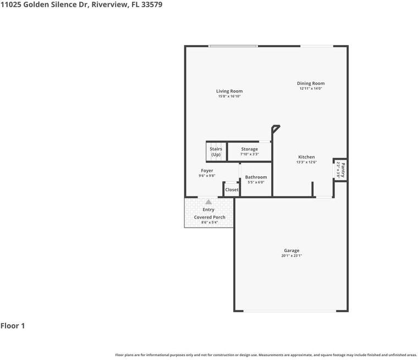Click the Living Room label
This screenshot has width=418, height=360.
(x=229, y=91)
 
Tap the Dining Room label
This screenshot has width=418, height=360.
(x=311, y=84)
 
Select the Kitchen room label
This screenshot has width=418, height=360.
(x=306, y=157)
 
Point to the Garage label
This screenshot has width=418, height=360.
(x=291, y=250)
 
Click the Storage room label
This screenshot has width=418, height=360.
(x=249, y=149)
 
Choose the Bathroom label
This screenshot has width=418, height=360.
(x=256, y=177)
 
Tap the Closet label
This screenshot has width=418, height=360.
(x=232, y=190)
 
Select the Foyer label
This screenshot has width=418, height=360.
(x=207, y=171)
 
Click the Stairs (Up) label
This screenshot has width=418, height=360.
(x=216, y=151)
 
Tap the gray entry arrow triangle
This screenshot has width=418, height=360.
(x=208, y=202)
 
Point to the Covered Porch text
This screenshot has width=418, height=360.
(x=210, y=217)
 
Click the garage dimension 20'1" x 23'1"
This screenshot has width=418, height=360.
(x=291, y=256)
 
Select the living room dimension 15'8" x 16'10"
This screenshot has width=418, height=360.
(x=229, y=96)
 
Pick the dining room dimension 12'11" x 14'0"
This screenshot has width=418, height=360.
(x=311, y=89)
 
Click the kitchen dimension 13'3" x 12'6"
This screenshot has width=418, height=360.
(x=306, y=162)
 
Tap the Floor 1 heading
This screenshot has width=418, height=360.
(x=13, y=326)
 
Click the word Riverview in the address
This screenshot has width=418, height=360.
(x=115, y=4)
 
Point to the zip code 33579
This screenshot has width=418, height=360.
(x=151, y=4)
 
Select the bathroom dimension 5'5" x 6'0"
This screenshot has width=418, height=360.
(x=256, y=182)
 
